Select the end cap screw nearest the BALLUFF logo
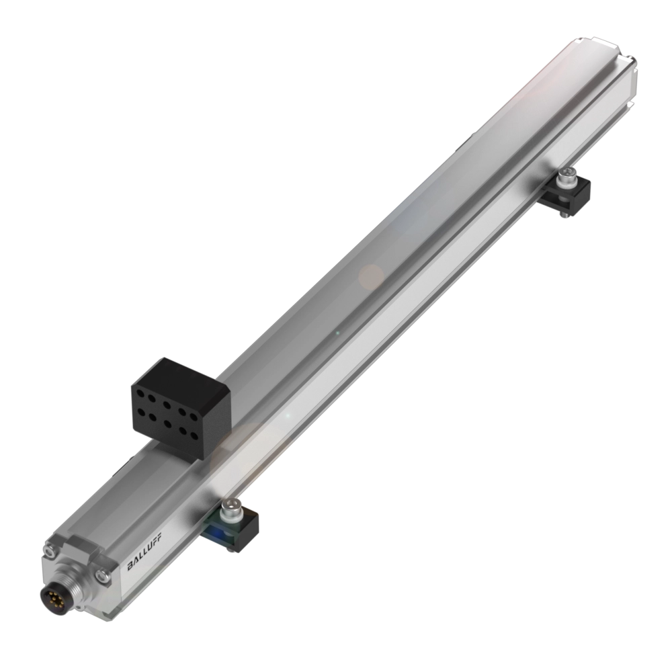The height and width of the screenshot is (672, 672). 102,575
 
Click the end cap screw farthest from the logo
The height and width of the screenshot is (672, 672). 49,550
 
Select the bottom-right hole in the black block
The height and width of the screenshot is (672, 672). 195,437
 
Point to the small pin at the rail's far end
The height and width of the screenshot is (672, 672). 633,65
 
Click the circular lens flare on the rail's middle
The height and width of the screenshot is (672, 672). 370,276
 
